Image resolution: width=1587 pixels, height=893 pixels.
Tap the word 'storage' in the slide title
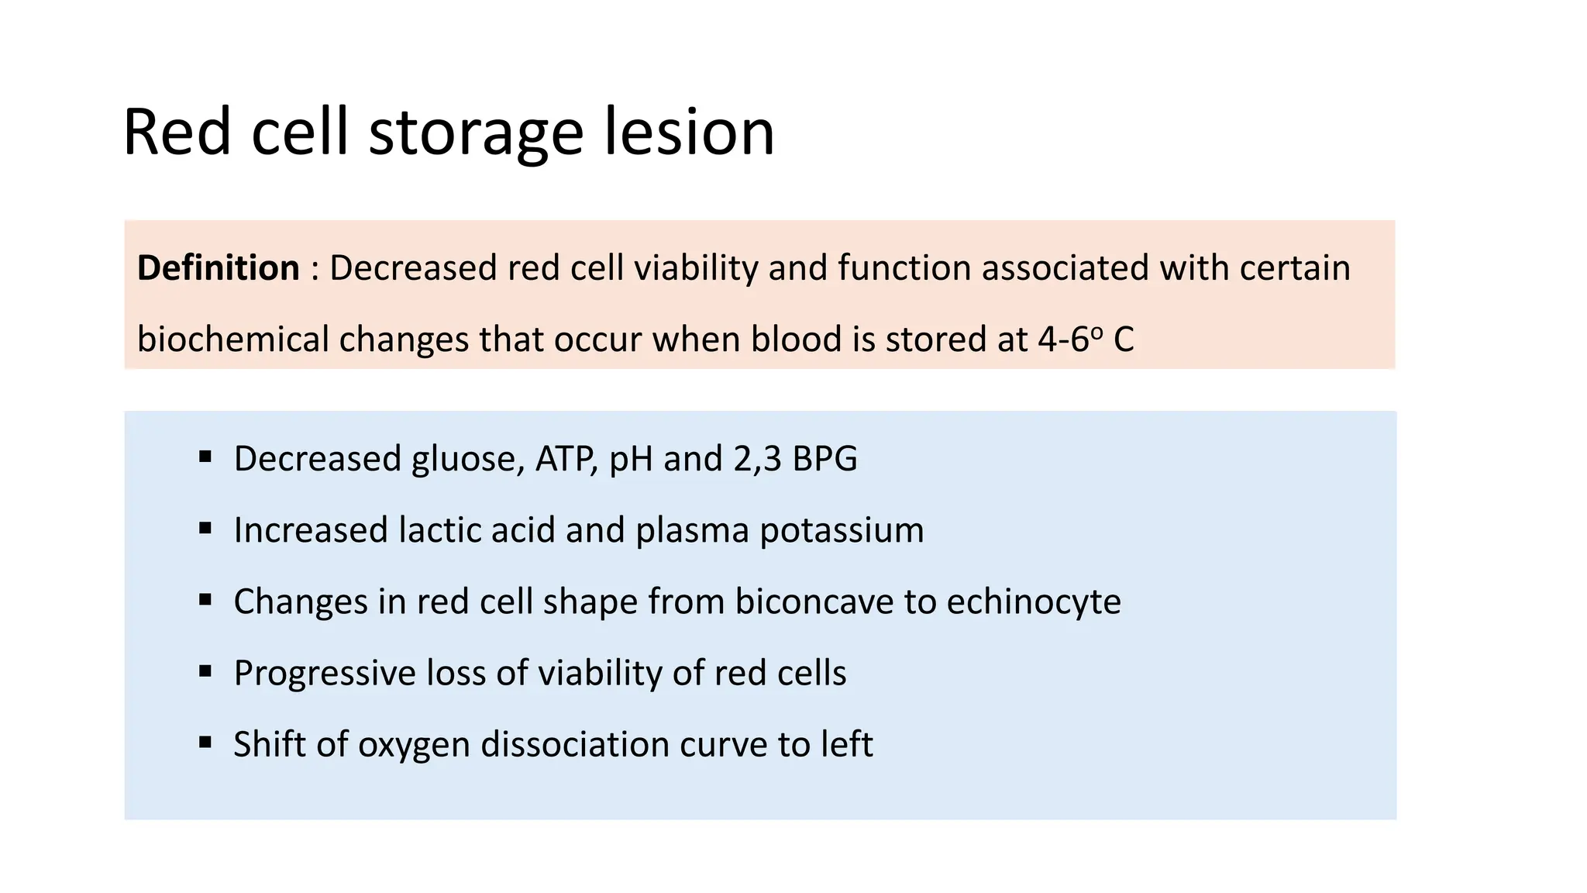pyautogui.click(x=476, y=133)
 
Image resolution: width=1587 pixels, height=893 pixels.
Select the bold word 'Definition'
pyautogui.click(x=218, y=268)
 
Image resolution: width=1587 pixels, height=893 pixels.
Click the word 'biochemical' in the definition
pyautogui.click(x=232, y=340)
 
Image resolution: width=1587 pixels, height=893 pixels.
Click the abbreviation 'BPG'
pyautogui.click(x=824, y=459)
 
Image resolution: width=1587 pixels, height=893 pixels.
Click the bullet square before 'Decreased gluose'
pyautogui.click(x=205, y=457)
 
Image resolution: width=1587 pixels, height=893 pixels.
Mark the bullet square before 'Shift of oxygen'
pyautogui.click(x=205, y=742)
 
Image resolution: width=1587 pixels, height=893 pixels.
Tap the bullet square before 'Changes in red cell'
pyautogui.click(x=205, y=599)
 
